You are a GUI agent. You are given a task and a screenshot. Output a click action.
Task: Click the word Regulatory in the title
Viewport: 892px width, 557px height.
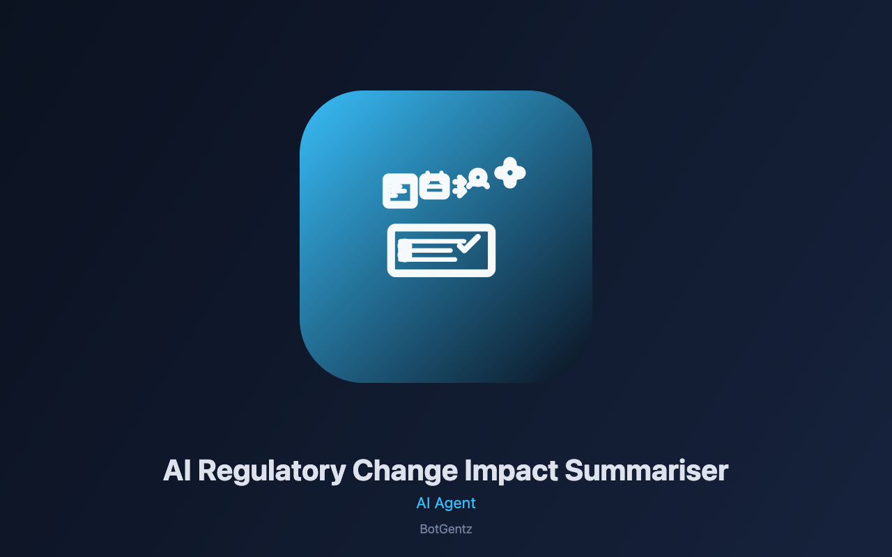272,471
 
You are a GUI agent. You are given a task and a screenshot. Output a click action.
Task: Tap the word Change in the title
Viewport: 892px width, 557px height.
405,471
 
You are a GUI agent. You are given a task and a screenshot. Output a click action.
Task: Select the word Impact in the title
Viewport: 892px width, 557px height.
512,471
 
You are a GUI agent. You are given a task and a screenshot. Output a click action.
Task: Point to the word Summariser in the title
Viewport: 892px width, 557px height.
647,471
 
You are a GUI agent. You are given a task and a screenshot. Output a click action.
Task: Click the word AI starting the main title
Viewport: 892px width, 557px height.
177,471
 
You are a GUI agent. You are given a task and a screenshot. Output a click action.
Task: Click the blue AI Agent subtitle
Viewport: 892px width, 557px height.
446,503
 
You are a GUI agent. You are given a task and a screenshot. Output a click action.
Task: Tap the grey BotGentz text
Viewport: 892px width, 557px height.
446,529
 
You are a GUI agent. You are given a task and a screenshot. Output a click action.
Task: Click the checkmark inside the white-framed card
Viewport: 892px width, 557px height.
469,243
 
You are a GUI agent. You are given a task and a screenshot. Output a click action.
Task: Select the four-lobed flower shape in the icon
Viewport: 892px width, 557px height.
510,173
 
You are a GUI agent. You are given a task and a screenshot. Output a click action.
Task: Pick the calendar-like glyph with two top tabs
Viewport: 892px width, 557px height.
434,185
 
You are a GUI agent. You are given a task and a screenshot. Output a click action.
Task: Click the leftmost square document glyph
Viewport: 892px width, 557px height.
400,191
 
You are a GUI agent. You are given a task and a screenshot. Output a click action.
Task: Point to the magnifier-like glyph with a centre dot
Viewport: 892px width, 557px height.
478,179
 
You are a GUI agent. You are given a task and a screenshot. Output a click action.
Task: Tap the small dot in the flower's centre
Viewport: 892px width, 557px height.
510,173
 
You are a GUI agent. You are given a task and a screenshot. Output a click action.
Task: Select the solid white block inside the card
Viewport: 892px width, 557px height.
404,250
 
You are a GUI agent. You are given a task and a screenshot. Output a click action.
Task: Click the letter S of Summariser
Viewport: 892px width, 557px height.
574,471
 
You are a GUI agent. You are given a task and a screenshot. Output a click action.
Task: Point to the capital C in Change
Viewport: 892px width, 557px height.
363,471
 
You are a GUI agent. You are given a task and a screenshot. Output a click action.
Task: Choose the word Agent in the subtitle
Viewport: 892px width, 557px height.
455,504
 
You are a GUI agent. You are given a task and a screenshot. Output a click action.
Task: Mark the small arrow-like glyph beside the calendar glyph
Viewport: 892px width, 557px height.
460,186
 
